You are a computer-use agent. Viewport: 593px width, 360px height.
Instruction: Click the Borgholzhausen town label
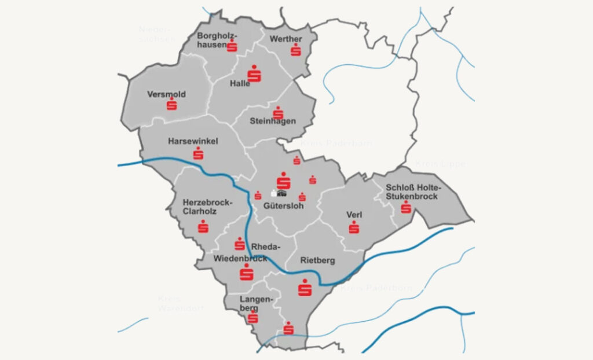[215, 40]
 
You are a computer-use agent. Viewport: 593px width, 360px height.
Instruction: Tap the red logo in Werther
[296, 50]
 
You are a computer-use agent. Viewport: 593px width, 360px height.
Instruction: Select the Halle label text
[240, 83]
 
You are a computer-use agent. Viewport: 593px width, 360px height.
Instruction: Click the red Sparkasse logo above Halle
[254, 74]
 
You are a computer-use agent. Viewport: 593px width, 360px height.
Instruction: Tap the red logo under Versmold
[171, 105]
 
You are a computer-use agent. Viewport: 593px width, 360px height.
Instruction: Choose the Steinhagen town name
[273, 121]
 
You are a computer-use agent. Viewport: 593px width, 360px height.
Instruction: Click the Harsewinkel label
[193, 141]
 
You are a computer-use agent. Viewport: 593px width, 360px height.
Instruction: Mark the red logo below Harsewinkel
[199, 153]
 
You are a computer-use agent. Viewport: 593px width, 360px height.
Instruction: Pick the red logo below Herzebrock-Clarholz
[203, 227]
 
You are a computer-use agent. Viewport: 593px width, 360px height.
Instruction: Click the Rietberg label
[317, 260]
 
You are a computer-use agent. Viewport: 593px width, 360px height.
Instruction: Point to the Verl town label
[354, 215]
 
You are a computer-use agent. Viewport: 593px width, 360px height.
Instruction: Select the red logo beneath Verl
[354, 227]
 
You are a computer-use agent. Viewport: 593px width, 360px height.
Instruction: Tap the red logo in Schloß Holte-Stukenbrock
[406, 207]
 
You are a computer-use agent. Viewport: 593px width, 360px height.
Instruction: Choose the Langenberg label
[254, 304]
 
